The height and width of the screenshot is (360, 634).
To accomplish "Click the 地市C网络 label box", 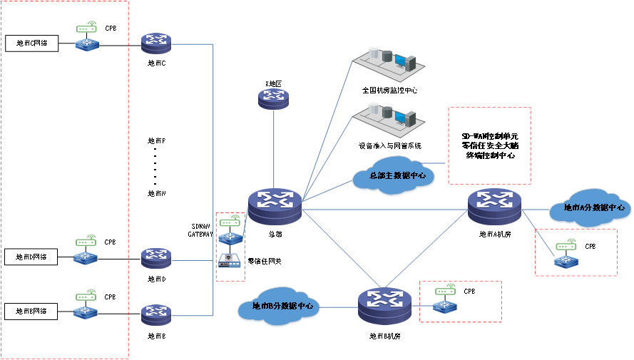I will click(x=31, y=43).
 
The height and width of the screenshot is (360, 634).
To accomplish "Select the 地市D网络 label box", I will click(x=31, y=257).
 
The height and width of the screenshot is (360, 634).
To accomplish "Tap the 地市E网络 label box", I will click(x=31, y=311).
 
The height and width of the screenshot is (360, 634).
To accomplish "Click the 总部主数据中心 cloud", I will click(x=393, y=175).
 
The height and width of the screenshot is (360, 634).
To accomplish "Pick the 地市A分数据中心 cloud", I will click(x=589, y=207).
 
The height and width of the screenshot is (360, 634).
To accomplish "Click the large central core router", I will click(x=275, y=205).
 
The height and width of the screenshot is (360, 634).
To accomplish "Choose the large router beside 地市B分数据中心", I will click(x=384, y=305).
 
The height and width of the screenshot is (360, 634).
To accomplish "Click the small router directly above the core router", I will click(x=273, y=98).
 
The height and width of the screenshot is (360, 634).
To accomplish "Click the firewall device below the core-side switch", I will click(x=230, y=261).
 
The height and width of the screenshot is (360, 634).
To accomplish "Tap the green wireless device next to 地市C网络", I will click(x=86, y=29).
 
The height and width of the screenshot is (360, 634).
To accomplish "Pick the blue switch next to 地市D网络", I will click(x=86, y=258).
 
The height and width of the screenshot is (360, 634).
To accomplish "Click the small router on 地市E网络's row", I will click(x=155, y=314).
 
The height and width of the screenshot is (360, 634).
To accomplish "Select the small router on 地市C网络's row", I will click(x=156, y=43).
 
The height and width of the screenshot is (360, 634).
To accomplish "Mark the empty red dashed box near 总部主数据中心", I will click(x=489, y=145).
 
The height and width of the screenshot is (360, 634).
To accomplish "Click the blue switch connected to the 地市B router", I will click(x=446, y=307).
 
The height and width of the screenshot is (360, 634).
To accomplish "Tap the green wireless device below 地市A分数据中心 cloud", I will click(x=566, y=246).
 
